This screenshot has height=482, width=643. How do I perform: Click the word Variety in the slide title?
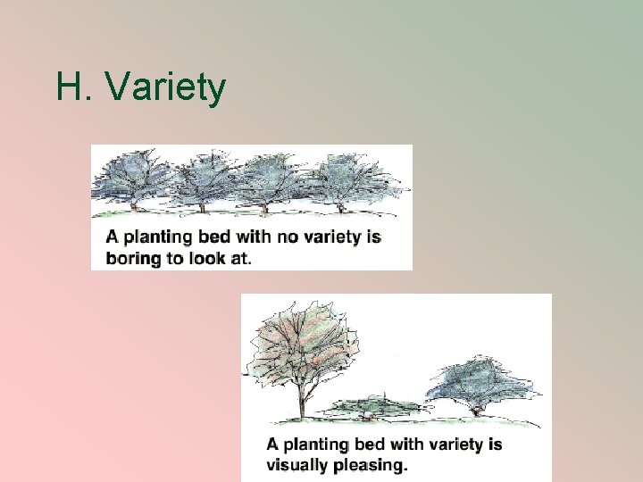pyautogui.click(x=165, y=87)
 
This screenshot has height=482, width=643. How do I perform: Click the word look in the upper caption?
pyautogui.click(x=211, y=258)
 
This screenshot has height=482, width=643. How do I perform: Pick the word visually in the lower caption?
pyautogui.click(x=296, y=464)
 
